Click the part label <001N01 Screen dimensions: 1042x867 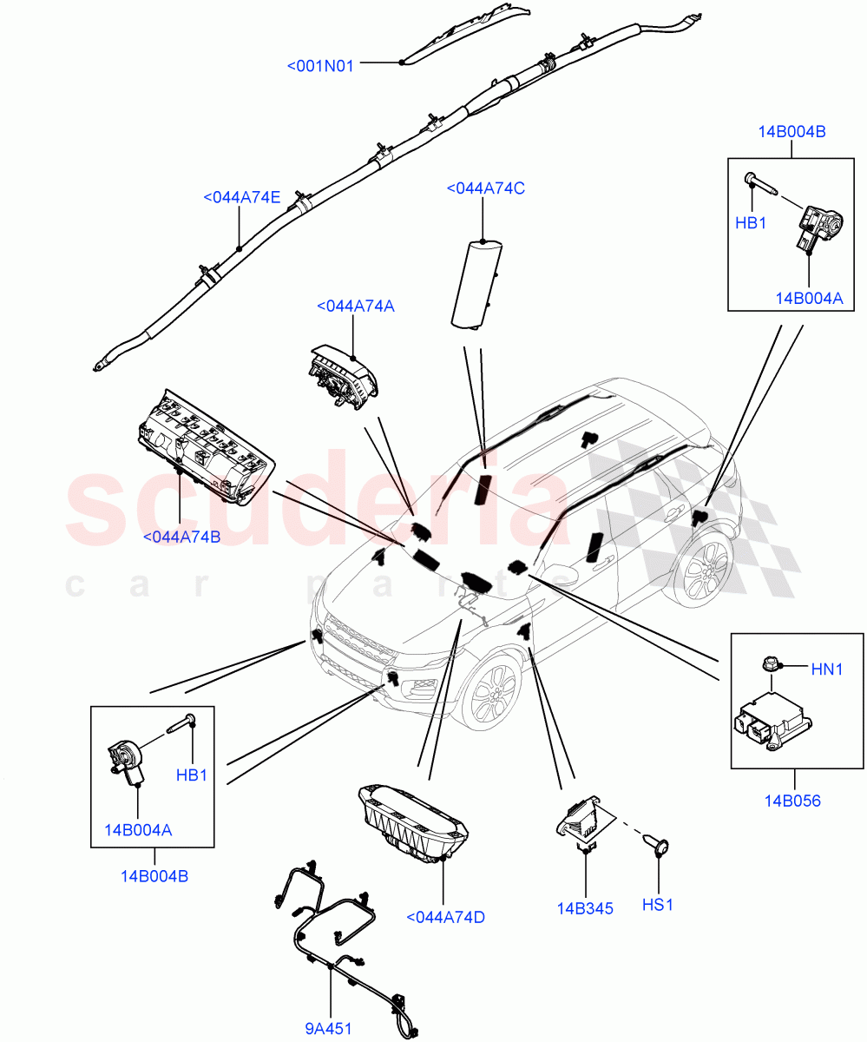[x=320, y=65]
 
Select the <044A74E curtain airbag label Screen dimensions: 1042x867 [x=241, y=197]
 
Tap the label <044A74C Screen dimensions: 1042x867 [x=485, y=188]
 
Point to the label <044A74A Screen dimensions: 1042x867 [x=355, y=306]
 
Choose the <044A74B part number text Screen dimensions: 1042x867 [x=181, y=537]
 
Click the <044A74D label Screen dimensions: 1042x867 [x=445, y=916]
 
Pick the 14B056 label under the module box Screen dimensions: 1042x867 [x=791, y=801]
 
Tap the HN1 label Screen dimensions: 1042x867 [x=827, y=669]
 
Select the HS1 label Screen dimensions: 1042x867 [x=657, y=905]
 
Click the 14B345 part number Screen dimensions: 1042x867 [x=585, y=908]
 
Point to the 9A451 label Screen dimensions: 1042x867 [x=328, y=1029]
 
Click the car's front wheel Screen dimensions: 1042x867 [x=489, y=691]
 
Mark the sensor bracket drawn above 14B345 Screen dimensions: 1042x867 [x=581, y=819]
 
